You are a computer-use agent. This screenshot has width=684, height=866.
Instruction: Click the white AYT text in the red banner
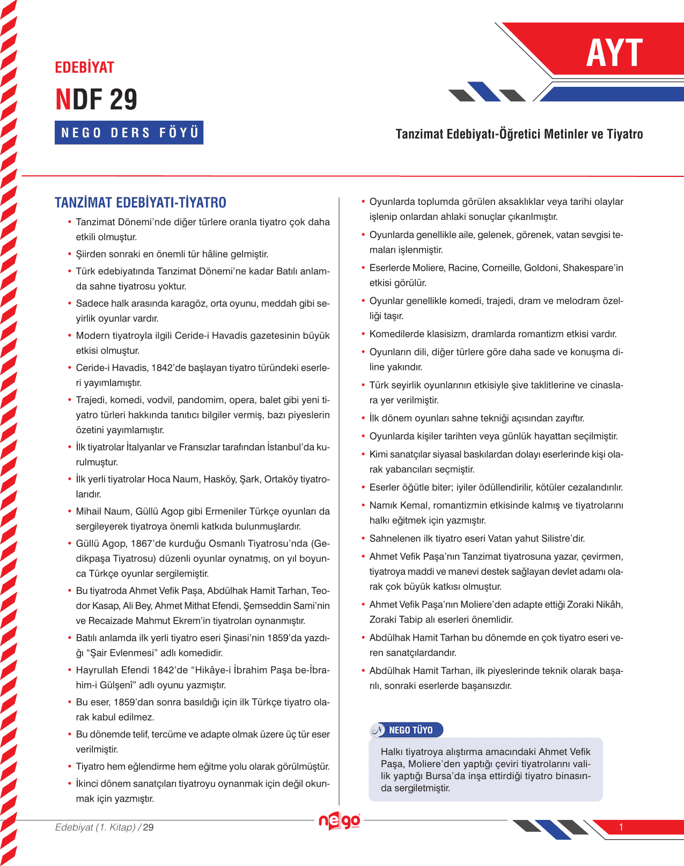[614, 53]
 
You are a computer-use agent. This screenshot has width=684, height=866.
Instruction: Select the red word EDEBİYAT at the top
[85, 68]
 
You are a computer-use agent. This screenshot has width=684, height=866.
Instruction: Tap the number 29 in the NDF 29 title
[123, 100]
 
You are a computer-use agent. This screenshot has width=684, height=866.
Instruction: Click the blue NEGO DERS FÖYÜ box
[129, 132]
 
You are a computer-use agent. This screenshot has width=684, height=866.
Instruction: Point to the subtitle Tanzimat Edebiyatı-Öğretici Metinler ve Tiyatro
[519, 134]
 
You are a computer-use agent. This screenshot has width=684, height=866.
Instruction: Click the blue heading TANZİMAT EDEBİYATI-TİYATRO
[141, 203]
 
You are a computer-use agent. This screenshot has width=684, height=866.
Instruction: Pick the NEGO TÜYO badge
[407, 730]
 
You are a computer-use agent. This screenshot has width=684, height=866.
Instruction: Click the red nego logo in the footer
[339, 821]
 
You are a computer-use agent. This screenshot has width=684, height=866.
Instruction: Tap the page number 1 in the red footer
[621, 827]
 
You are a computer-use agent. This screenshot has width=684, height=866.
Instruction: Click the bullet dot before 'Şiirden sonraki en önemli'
[70, 254]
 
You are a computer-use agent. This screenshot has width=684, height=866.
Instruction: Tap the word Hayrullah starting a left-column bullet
[97, 670]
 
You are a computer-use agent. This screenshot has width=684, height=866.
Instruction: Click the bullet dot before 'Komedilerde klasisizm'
[363, 334]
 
